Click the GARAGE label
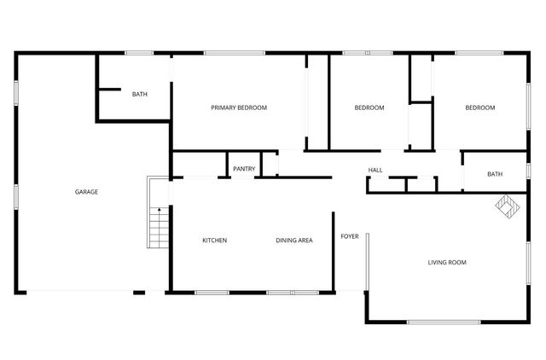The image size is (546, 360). click(86, 192)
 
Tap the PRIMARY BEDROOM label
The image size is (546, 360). click(239, 107)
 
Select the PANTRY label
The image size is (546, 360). click(244, 169)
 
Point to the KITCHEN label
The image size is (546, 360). click(214, 241)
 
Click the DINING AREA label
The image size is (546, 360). click(293, 241)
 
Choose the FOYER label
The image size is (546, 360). click(350, 235)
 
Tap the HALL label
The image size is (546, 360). click(375, 170)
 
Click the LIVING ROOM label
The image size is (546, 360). click(447, 262)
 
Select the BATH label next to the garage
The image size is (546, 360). click(140, 94)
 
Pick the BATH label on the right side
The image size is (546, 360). click(495, 174)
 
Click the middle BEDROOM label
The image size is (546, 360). click(369, 107)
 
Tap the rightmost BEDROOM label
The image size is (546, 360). click(479, 107)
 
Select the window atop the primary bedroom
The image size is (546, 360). click(233, 54)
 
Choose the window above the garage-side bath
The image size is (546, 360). click(139, 54)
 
